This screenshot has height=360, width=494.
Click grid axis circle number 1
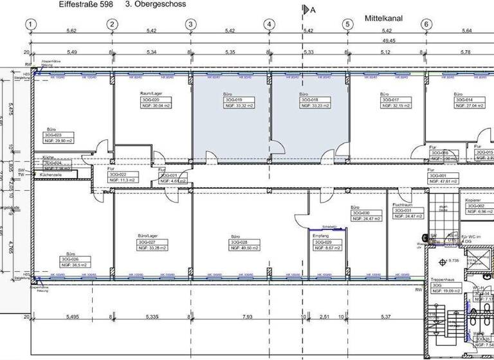(x=30, y=24)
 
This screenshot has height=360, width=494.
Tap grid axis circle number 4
(x=269, y=24)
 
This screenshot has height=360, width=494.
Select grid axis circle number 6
(x=426, y=24)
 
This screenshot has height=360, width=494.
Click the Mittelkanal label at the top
(x=383, y=19)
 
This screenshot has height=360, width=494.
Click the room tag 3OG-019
(x=232, y=100)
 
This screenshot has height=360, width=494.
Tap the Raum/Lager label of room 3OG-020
(x=152, y=94)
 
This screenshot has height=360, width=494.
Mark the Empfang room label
(x=321, y=236)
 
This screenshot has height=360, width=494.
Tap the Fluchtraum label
(x=402, y=204)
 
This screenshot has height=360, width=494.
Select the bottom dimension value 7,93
(x=244, y=317)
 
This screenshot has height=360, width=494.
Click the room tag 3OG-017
(x=391, y=100)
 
